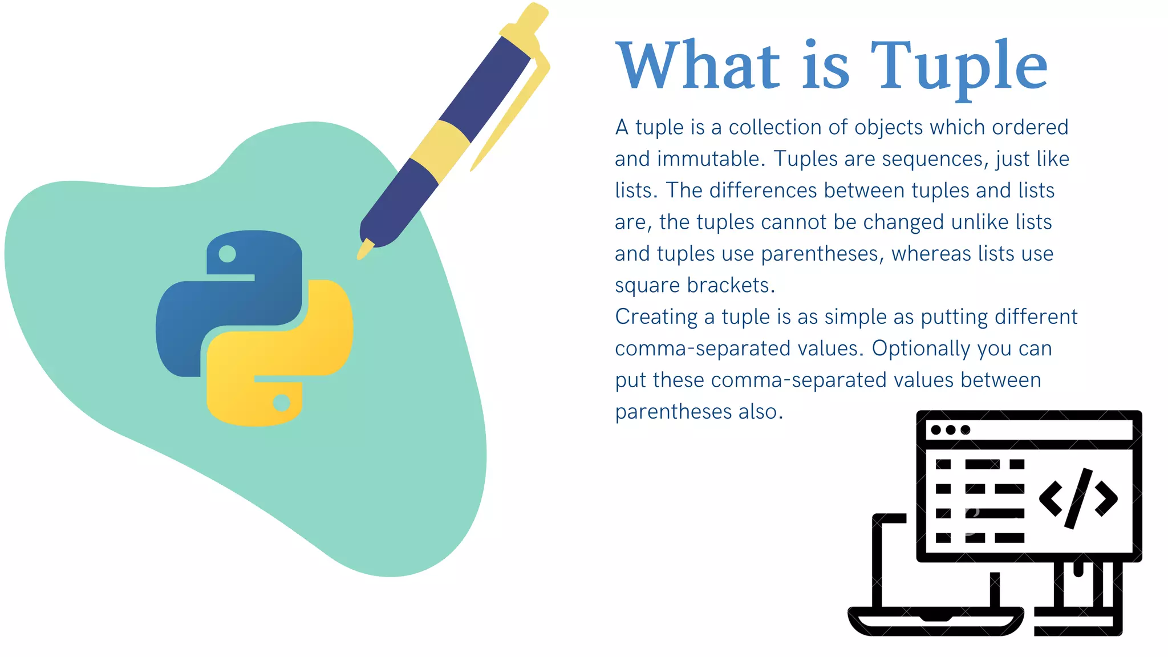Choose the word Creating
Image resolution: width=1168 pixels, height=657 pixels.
(x=656, y=317)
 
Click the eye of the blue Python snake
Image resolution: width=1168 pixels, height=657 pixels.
(x=227, y=254)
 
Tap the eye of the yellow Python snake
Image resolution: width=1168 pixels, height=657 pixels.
(x=281, y=403)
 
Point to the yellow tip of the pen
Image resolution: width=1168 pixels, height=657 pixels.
(x=364, y=249)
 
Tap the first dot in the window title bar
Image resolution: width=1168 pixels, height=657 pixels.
(x=936, y=430)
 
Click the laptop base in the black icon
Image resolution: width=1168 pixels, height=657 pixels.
(x=935, y=620)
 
